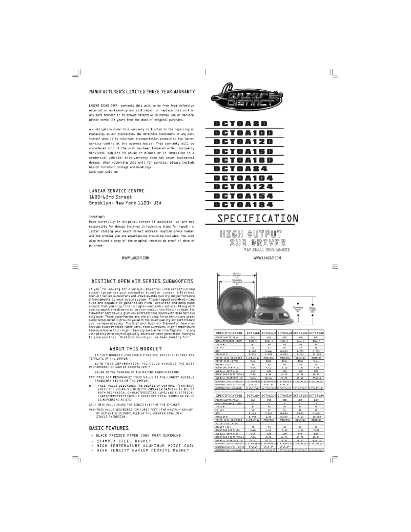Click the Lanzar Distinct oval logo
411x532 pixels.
point(248,98)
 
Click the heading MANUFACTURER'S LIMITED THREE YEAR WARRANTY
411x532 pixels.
point(141,92)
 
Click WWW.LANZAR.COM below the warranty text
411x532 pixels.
point(136,258)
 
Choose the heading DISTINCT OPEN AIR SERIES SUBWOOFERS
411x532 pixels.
point(142,282)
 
